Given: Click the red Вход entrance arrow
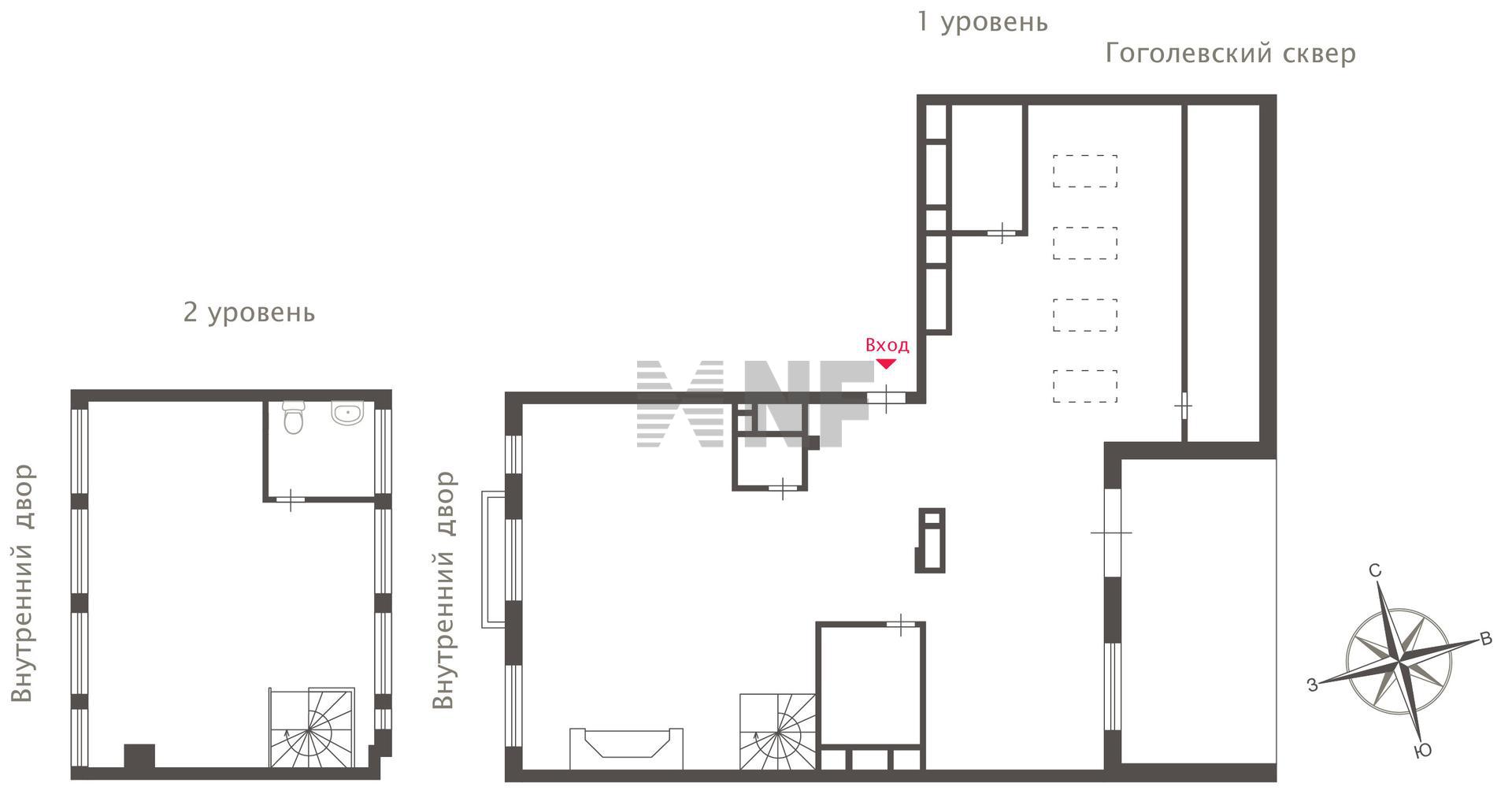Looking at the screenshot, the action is [x=887, y=364].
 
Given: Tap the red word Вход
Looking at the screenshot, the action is [x=887, y=345].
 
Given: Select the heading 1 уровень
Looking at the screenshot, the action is [x=983, y=22].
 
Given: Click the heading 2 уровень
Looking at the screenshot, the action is [x=249, y=313].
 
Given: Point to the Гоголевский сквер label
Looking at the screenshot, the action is [x=1231, y=54].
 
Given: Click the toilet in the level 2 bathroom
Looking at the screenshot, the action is [x=294, y=417].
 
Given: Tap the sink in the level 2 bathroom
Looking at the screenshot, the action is [x=347, y=413].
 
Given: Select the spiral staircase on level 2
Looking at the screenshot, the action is [x=312, y=728].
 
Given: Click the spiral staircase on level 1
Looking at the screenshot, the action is [x=777, y=732].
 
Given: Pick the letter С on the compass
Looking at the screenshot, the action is [x=1375, y=570].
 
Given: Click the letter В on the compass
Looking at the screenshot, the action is [x=1486, y=638].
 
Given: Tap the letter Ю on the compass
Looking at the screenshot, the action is [x=1422, y=751].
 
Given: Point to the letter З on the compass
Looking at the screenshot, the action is [x=1312, y=685].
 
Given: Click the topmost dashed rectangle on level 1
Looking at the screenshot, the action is [x=1085, y=171].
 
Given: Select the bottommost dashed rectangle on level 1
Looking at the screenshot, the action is [x=1085, y=386].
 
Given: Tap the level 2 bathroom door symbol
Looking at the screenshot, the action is [x=291, y=499].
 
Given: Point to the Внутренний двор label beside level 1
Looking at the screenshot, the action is [x=444, y=590].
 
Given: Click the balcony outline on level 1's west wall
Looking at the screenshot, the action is [x=493, y=559].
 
